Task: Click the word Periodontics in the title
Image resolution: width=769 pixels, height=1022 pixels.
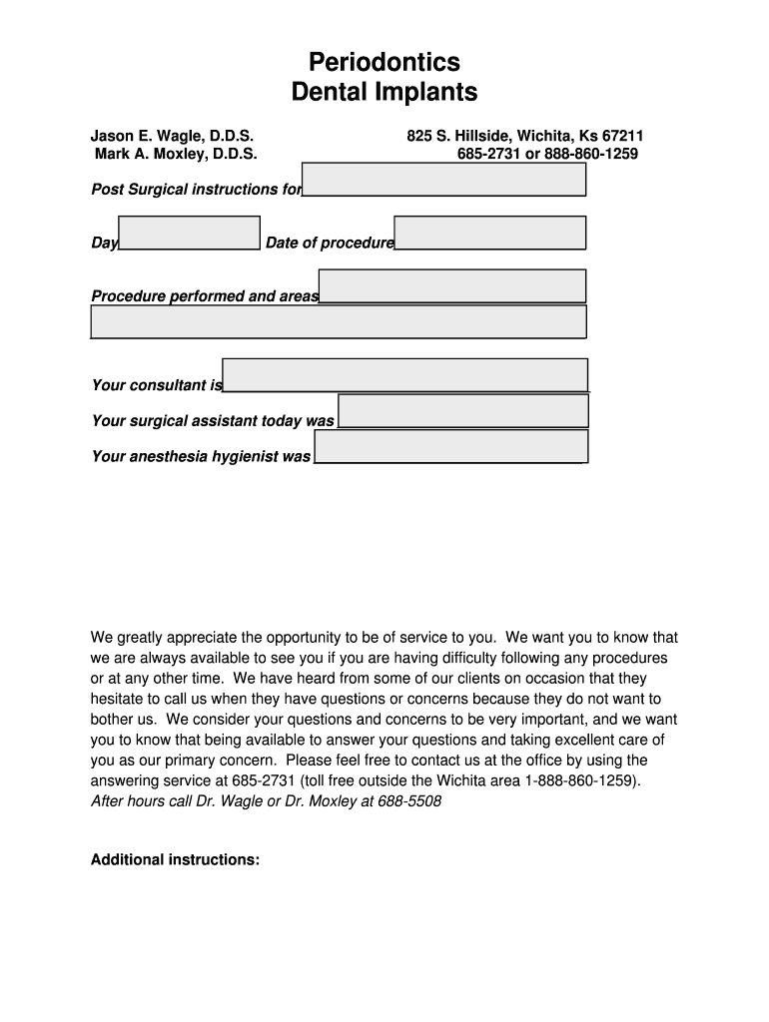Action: tap(384, 62)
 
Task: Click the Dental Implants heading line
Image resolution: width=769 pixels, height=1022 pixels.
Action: tap(384, 93)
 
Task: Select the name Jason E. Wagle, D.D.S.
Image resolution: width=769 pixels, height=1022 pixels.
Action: tap(173, 135)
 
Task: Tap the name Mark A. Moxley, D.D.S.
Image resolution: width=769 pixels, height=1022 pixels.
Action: tap(176, 154)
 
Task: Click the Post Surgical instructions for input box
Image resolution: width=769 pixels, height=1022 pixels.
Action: tap(443, 180)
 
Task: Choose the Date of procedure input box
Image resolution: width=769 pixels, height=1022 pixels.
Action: tap(489, 233)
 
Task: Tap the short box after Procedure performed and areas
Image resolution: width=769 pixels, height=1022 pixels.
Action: tap(451, 286)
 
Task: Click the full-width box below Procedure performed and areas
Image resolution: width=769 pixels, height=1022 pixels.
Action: tap(339, 322)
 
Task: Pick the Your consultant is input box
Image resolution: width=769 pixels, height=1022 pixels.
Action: tap(404, 375)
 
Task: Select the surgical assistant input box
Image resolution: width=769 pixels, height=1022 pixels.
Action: tap(462, 410)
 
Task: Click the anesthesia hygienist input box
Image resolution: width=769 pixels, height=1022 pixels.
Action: tap(450, 446)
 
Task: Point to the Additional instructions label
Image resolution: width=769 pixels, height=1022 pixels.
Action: tap(176, 859)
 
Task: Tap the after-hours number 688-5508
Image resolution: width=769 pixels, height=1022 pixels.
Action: tap(409, 801)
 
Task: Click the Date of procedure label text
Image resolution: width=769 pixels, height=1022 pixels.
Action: tap(330, 244)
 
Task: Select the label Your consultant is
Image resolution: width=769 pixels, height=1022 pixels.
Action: tap(157, 385)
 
